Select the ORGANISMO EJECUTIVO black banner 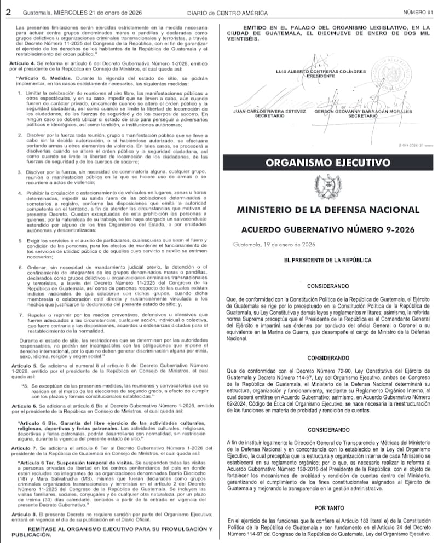click(328, 163)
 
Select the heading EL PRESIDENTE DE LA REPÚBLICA click(328, 261)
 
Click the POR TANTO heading click(328, 507)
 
